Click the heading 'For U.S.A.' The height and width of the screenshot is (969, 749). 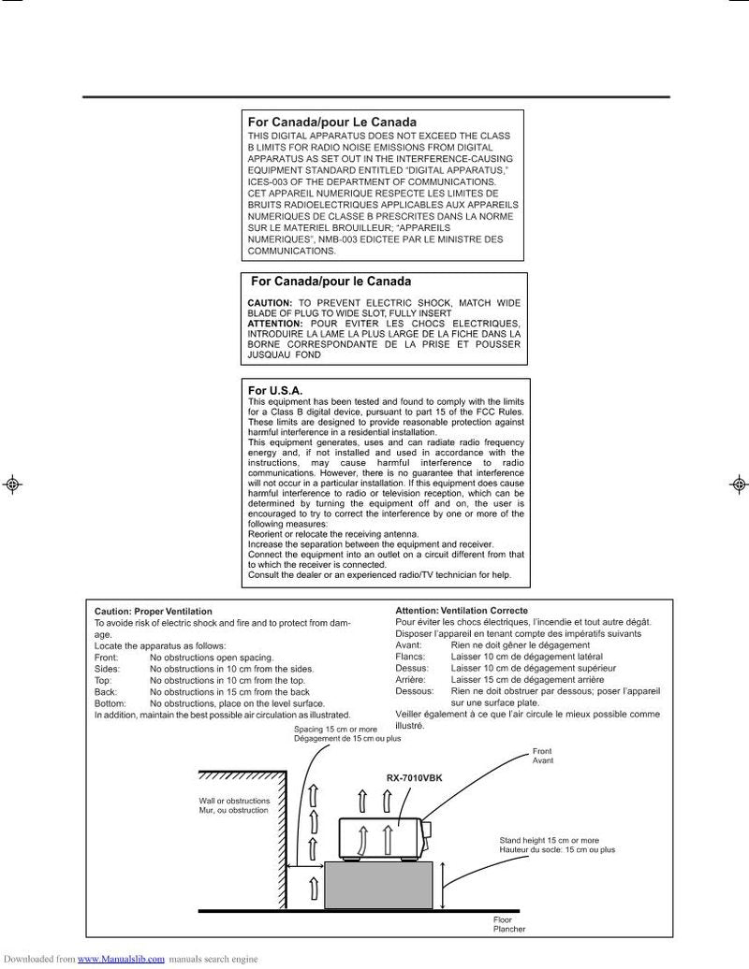274,390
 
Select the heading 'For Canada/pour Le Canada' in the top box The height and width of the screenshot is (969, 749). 331,123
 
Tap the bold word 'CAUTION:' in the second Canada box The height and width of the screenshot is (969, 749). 271,304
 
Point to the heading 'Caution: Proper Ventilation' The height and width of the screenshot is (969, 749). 154,611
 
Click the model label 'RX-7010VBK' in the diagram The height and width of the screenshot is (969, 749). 415,778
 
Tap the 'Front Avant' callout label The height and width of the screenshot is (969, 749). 543,756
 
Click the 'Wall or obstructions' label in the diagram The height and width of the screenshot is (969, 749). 234,801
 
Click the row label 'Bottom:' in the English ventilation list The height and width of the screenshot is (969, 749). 110,702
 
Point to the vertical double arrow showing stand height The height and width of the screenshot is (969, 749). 443,883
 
